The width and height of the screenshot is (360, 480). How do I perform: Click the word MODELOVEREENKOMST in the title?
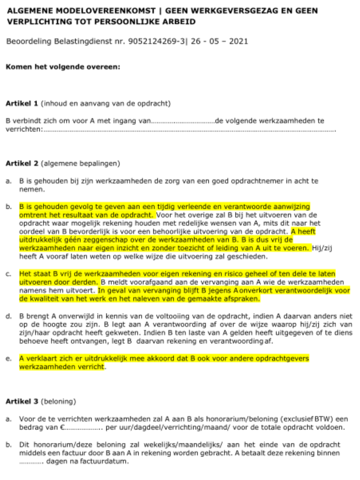106,11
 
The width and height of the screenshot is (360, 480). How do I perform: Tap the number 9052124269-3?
157,41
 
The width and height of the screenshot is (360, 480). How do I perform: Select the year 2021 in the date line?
238,41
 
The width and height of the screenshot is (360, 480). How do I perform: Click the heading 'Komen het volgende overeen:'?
63,67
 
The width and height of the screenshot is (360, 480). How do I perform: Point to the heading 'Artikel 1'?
22,103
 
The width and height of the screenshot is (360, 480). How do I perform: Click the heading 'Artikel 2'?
22,163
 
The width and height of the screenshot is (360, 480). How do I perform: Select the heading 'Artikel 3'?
22,402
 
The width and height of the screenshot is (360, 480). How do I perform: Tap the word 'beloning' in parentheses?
58,402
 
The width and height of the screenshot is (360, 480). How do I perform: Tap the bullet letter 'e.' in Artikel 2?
8,359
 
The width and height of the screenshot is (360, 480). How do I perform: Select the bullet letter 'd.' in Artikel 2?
8,317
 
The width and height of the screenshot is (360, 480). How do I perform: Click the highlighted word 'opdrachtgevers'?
284,358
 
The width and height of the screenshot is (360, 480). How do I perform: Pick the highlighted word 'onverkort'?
256,291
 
